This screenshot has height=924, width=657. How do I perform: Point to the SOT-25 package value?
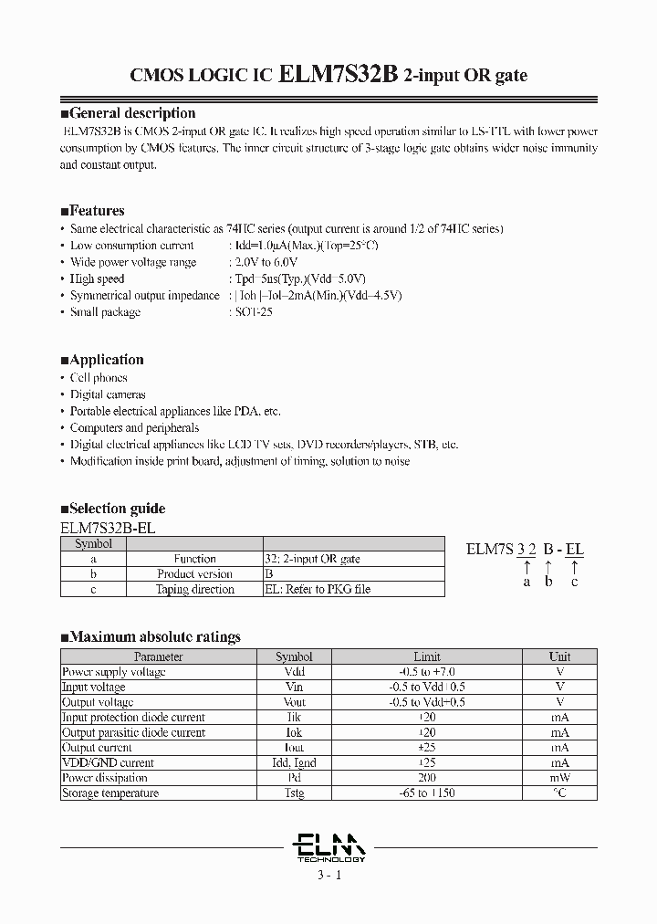tap(249, 312)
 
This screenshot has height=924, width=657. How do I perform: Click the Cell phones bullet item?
tap(99, 378)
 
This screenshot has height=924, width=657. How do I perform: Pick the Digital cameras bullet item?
tap(108, 394)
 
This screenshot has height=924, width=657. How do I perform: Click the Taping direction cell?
tap(194, 590)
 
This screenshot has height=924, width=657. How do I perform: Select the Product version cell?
tap(194, 574)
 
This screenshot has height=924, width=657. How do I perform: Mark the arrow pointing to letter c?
tap(574, 566)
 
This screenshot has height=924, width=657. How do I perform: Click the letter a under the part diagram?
tap(527, 582)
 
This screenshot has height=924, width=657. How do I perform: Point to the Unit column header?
tap(559, 656)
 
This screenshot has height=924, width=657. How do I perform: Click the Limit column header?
tap(427, 656)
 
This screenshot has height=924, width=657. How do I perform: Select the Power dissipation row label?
tap(104, 778)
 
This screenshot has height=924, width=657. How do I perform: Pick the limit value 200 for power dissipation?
tap(427, 778)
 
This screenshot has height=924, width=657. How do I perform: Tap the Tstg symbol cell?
tap(294, 793)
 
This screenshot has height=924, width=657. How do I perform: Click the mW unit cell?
tap(559, 778)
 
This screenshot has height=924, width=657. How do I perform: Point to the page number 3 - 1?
tap(330, 876)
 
